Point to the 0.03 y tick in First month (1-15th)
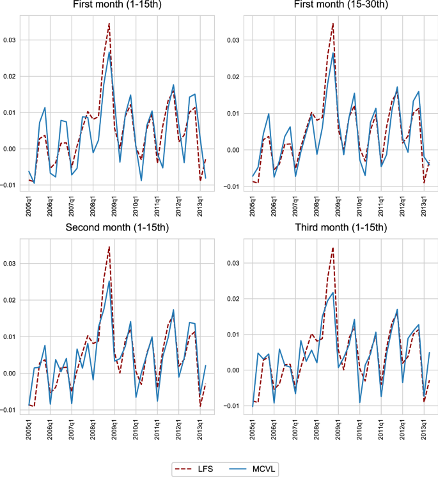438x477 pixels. (10, 40)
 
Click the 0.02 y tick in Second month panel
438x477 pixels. (10, 300)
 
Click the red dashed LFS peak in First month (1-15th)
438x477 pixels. (109, 23)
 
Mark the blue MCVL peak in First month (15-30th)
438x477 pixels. (333, 53)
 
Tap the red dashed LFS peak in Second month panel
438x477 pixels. (109, 246)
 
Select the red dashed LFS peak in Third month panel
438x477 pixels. (333, 246)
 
